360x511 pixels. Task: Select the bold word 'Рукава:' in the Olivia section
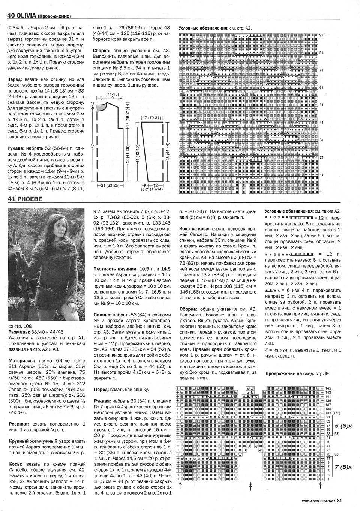tap(16, 148)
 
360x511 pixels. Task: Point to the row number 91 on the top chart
tap(321, 35)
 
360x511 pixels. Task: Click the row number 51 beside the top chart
tap(321, 105)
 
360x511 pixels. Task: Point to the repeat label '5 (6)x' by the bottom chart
tap(342, 426)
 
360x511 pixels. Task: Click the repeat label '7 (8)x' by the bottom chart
tap(342, 466)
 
